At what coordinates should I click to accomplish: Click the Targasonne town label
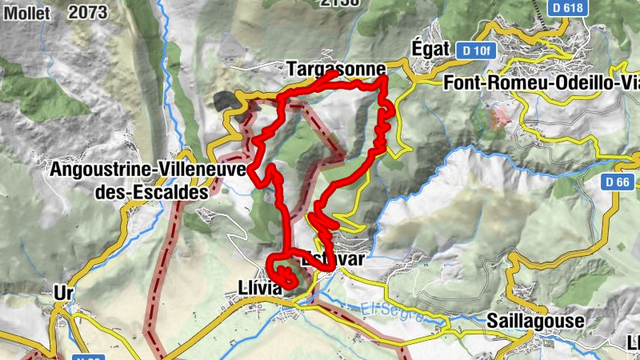(335, 68)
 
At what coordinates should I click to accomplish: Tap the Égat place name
(432, 47)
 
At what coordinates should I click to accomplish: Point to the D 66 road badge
(618, 182)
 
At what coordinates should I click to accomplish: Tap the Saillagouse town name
(535, 320)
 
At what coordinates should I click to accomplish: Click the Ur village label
(64, 292)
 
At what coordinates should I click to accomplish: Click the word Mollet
(26, 12)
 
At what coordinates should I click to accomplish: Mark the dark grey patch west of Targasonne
(226, 101)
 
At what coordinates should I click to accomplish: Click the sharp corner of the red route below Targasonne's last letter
(385, 78)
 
